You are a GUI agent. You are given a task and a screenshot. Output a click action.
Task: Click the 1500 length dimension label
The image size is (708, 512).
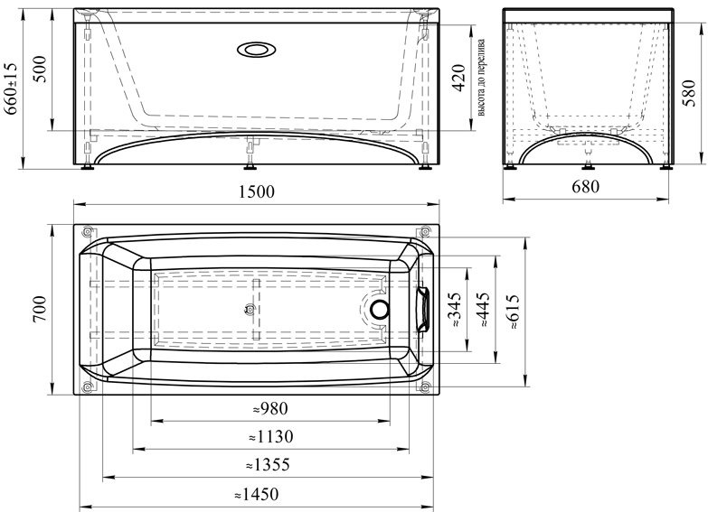(x=256, y=192)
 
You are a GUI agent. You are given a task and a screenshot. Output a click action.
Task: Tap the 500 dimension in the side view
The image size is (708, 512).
(x=41, y=69)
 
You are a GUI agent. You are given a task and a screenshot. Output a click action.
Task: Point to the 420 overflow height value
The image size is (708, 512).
(x=458, y=79)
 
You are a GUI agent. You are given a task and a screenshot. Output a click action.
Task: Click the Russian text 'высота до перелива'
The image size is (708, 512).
(x=481, y=78)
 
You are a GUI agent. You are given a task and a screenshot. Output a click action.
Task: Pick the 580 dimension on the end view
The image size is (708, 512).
(x=689, y=93)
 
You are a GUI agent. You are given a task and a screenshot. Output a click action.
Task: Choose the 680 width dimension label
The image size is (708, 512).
(x=586, y=186)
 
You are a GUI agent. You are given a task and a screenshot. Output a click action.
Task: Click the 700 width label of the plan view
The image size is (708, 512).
(x=39, y=310)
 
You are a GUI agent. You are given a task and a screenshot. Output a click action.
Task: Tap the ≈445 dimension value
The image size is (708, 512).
(x=482, y=310)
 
